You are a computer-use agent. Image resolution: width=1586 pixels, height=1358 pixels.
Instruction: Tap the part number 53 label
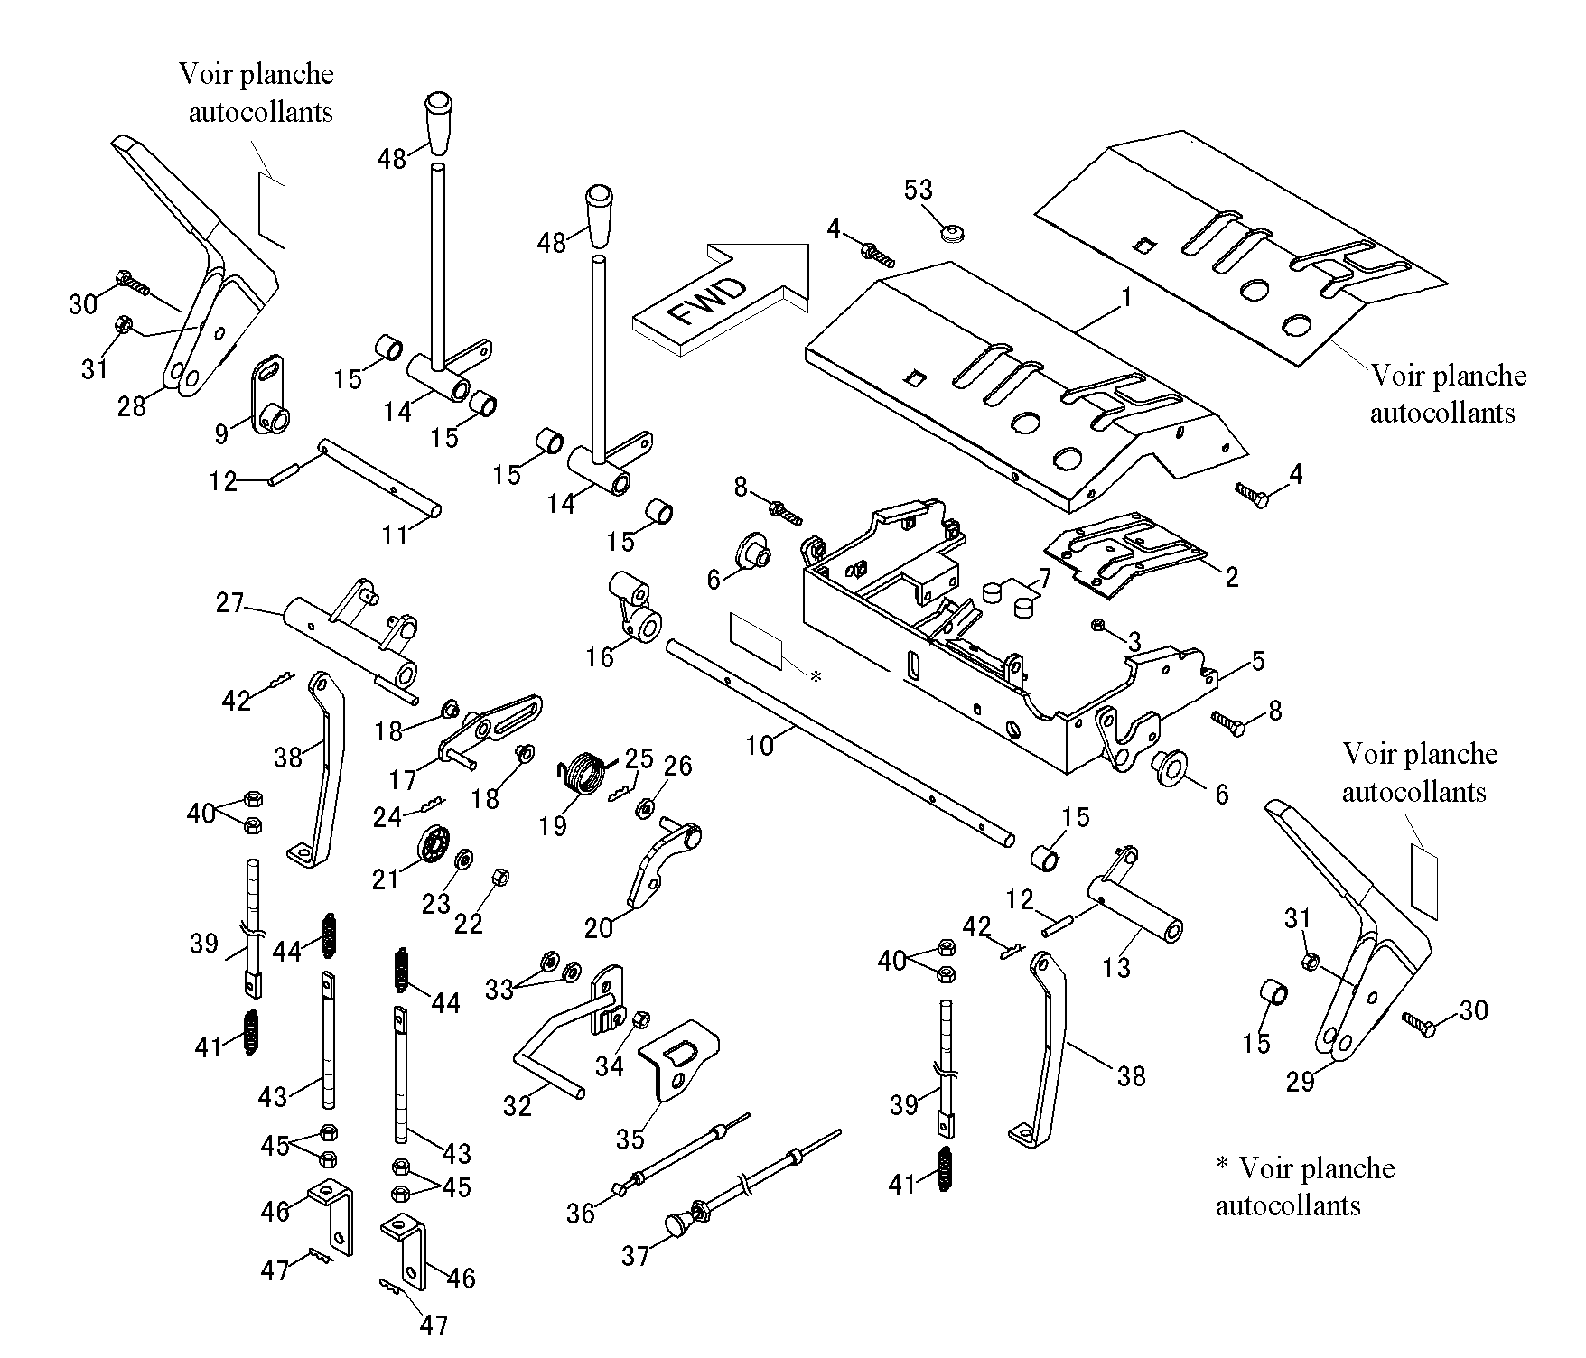[919, 190]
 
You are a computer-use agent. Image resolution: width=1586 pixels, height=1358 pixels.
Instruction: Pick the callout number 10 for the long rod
[760, 746]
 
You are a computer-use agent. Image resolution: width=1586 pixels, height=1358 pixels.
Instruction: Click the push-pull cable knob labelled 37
[677, 1224]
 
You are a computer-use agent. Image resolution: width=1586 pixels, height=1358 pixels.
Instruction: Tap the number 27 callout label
[230, 601]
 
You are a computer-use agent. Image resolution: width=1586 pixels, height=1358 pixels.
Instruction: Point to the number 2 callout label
[1232, 577]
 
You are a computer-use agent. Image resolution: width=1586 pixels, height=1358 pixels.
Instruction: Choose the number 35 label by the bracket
[630, 1139]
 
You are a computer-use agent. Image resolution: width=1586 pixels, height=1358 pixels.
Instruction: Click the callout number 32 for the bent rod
[518, 1105]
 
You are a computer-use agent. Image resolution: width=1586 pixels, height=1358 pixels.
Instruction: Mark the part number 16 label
[600, 656]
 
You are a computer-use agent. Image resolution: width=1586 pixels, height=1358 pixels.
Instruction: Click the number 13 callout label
[1117, 967]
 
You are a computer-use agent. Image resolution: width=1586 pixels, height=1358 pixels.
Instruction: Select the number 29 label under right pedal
[1300, 1082]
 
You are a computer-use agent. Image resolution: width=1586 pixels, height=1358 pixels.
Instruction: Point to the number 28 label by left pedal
[131, 406]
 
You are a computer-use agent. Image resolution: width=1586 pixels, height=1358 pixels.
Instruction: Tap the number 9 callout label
[222, 434]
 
